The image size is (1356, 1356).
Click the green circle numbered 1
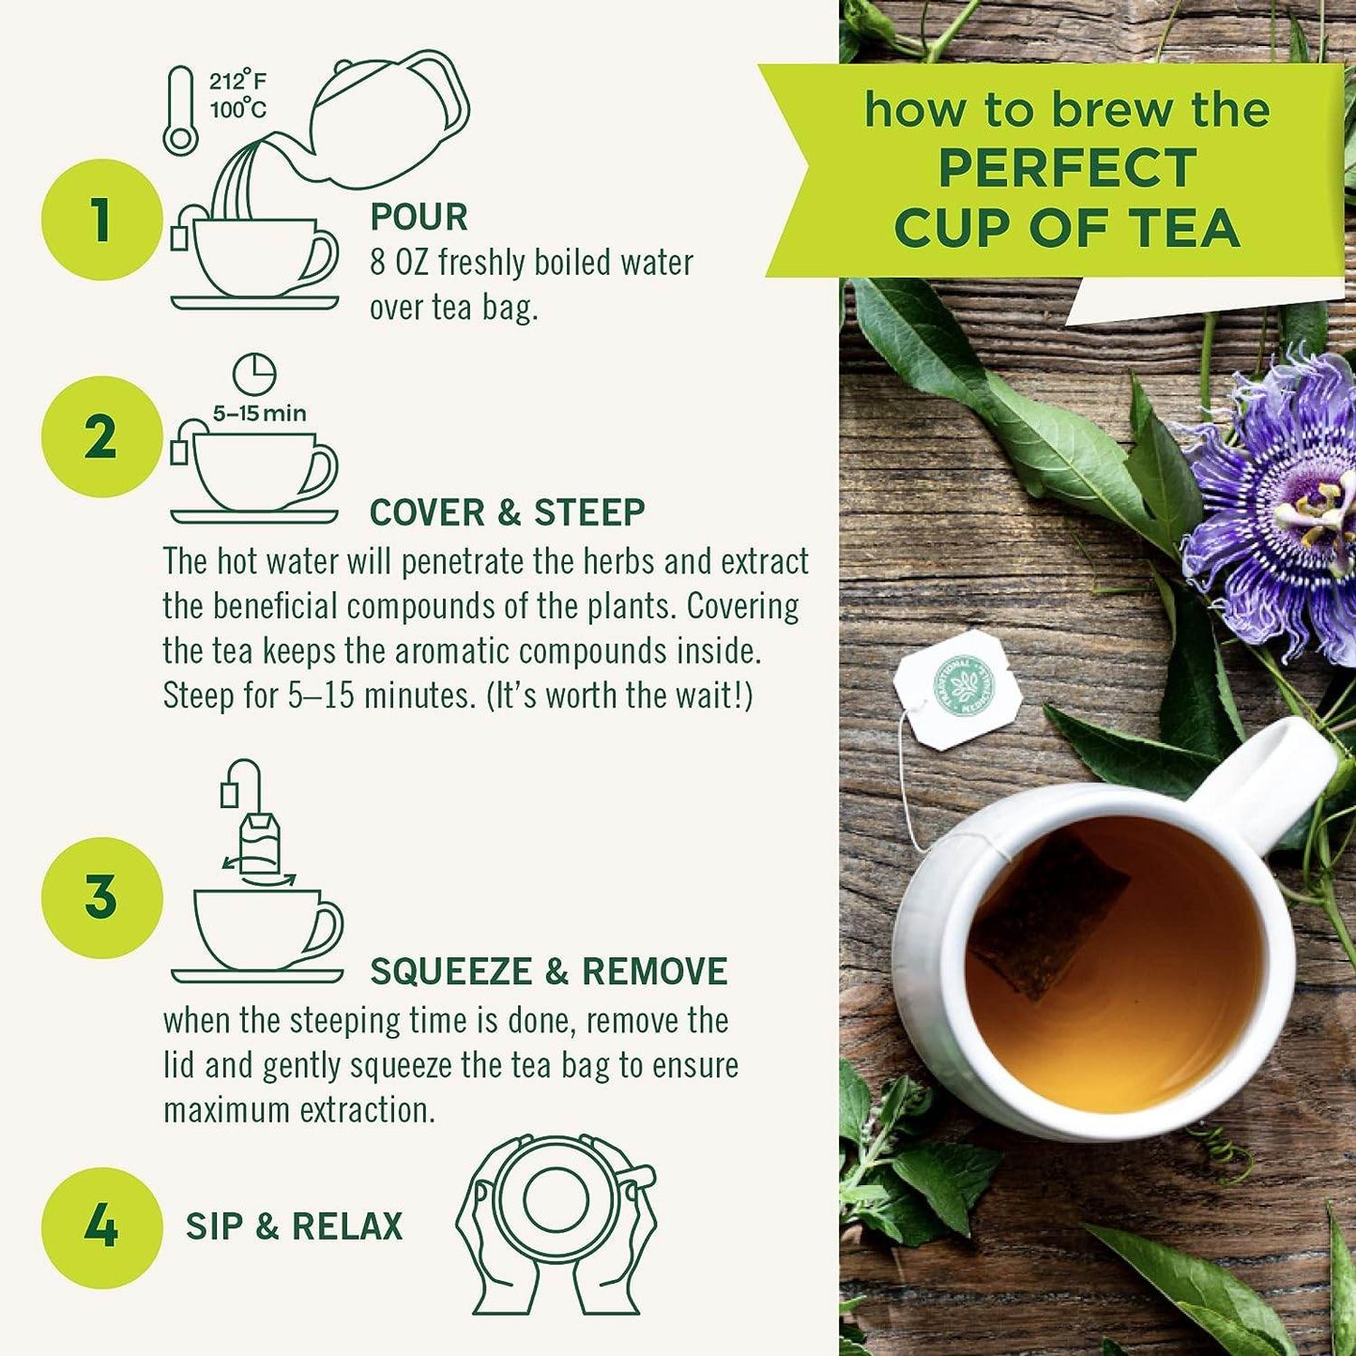click(x=101, y=220)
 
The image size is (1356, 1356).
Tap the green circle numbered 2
click(x=101, y=436)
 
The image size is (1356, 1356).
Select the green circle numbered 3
click(x=101, y=897)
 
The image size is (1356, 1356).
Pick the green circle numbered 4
click(x=101, y=1227)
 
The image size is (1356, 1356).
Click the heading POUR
click(x=419, y=217)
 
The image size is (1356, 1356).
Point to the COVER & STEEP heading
click(x=507, y=512)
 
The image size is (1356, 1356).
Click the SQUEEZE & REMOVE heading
click(x=548, y=971)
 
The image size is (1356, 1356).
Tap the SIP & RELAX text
click(x=294, y=1226)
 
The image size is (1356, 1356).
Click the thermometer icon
click(x=179, y=111)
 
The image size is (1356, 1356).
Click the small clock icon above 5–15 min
click(x=254, y=374)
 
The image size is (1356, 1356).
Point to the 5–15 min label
click(x=259, y=414)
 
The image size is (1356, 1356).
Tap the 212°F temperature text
click(x=237, y=82)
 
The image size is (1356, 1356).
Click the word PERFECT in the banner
click(x=1067, y=169)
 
